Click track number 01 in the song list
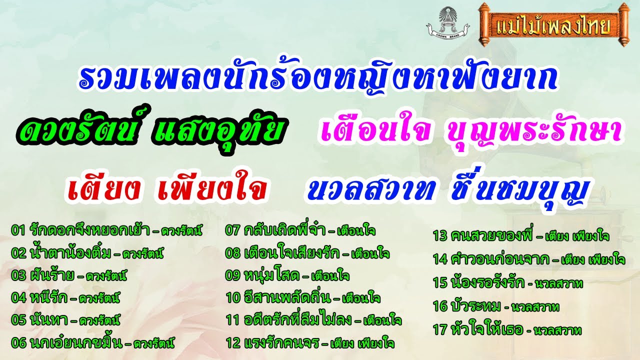[x=17, y=230]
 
